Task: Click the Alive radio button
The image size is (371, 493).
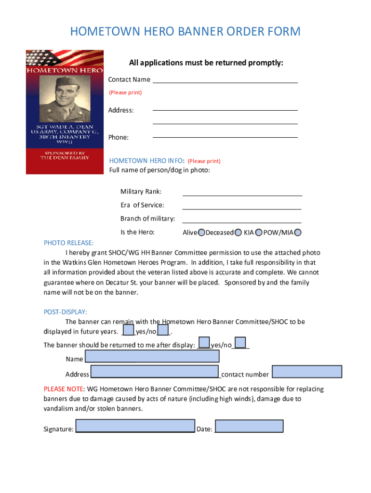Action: tap(201, 233)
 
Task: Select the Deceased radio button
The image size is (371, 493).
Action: tap(238, 233)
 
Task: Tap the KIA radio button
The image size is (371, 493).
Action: tap(259, 233)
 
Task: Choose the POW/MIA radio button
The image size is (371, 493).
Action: tap(297, 233)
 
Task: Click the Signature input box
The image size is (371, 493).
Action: tap(135, 426)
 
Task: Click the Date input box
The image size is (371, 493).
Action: tap(249, 426)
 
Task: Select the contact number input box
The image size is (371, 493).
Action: tap(307, 372)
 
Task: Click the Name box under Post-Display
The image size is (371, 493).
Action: tap(152, 356)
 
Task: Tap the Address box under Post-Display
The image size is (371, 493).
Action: tap(155, 372)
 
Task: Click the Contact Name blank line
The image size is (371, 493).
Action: tap(225, 82)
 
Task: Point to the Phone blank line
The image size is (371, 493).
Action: tap(225, 137)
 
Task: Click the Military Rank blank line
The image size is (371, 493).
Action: tap(242, 195)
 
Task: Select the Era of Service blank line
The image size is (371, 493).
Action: tap(242, 208)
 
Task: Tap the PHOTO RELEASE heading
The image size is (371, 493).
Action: tap(68, 243)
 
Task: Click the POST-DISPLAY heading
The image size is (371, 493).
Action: tap(66, 312)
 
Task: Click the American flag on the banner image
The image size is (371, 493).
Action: tap(43, 58)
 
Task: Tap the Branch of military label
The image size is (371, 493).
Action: tap(147, 219)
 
